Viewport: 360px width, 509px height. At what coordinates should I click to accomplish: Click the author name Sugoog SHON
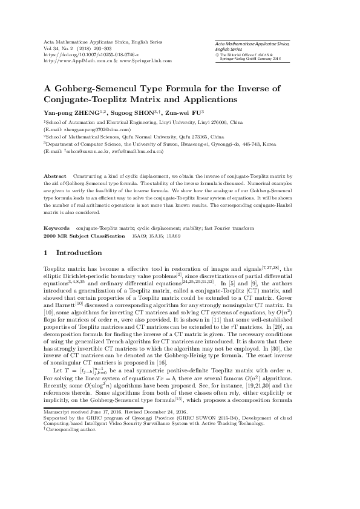[135, 112]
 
